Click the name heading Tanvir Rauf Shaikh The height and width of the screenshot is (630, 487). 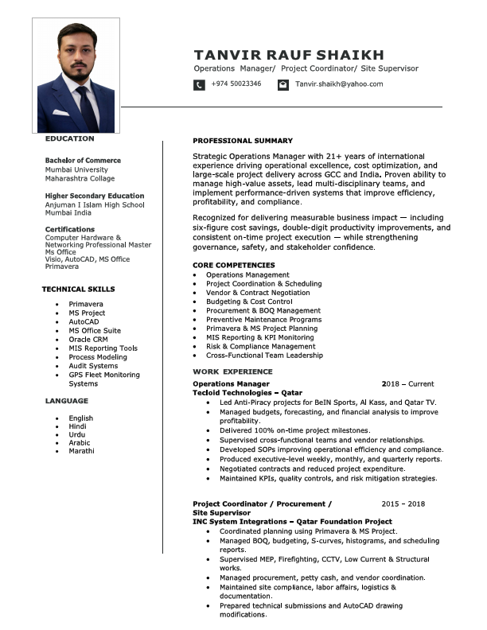[289, 55]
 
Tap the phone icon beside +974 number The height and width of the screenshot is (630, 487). [199, 84]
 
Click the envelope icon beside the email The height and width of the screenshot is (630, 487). [282, 84]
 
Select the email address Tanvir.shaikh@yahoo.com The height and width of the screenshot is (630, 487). [339, 84]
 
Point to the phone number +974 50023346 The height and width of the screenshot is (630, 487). [236, 84]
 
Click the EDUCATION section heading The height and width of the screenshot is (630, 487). [69, 139]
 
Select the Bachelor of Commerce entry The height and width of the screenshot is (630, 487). [83, 161]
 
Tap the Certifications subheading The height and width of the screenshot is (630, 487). [70, 230]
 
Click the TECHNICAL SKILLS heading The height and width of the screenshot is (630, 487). [78, 290]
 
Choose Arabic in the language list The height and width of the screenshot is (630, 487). [80, 443]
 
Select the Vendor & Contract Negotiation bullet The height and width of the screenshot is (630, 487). [259, 293]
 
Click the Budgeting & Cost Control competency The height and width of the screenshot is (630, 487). [249, 302]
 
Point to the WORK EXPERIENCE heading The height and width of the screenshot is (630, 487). [232, 372]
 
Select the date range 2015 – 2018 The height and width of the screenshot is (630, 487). [403, 504]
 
